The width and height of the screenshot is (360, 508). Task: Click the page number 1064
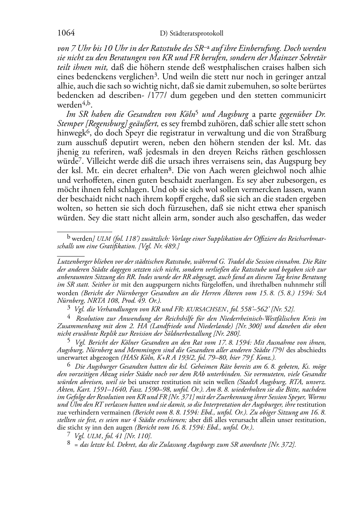(66, 33)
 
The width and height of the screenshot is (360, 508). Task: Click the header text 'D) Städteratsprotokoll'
(191, 34)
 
